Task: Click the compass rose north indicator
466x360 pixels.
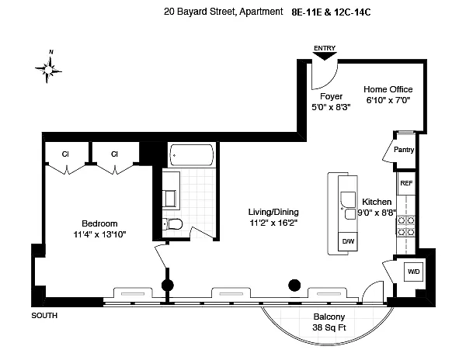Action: [x=50, y=69]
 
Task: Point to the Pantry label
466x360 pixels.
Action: [x=404, y=151]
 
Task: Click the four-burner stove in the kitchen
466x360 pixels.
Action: [x=405, y=225]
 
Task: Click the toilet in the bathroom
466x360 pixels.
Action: [x=174, y=225]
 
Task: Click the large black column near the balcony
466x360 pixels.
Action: [x=294, y=285]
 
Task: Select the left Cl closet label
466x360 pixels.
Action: [x=66, y=154]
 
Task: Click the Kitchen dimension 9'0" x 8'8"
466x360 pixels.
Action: [x=377, y=213]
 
